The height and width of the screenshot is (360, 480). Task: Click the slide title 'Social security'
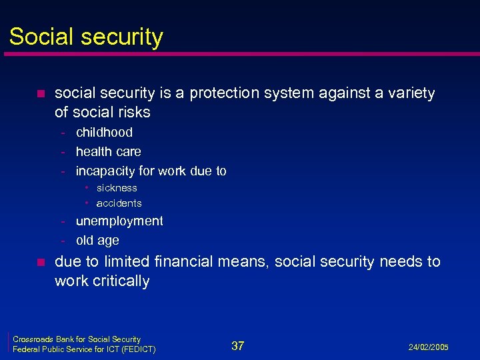click(x=86, y=37)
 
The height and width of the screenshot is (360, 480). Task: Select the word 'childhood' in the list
click(x=104, y=133)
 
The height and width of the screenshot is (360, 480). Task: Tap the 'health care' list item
click(x=109, y=152)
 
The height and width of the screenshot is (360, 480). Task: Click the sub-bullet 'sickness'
click(x=117, y=188)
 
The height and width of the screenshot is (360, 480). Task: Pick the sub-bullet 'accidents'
click(x=119, y=203)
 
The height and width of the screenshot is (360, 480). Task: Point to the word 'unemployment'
click(x=119, y=221)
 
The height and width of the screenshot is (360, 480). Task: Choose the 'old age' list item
click(x=97, y=241)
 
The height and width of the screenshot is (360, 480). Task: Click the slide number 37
click(x=237, y=345)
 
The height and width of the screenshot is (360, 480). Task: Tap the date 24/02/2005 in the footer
click(x=429, y=347)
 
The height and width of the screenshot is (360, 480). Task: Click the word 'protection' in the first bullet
click(x=225, y=94)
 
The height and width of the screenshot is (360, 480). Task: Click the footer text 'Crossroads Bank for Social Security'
click(x=77, y=339)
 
